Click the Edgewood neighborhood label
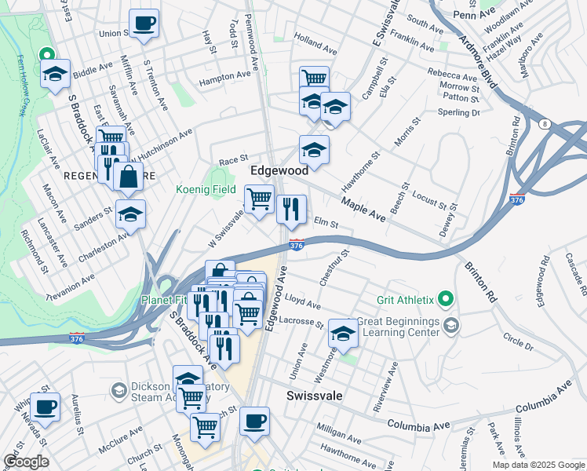coord(279,170)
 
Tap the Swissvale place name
coord(314,396)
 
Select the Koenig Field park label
coord(206,190)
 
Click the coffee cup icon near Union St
coord(144,24)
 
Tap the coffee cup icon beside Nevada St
coord(46,407)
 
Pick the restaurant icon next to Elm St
coord(291,210)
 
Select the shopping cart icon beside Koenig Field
coord(259,199)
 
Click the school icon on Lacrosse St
coord(343,334)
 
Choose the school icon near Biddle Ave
coord(55,75)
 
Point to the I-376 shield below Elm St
coord(296,245)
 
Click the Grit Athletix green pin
coord(446,298)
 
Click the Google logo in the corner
coord(26,462)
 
